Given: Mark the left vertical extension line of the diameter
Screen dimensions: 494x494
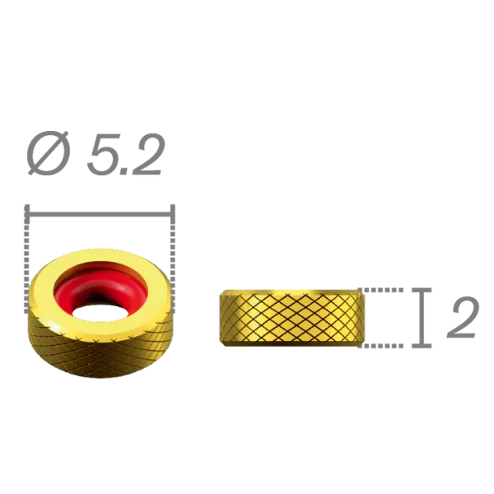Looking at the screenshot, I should (x=29, y=239).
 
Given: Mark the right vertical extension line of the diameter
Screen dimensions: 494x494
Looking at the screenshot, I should (x=173, y=239).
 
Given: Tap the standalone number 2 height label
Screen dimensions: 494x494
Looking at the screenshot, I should (x=463, y=319).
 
